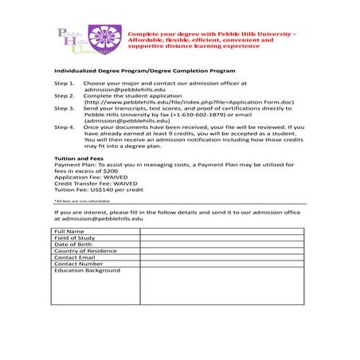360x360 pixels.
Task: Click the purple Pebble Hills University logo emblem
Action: click(102, 38)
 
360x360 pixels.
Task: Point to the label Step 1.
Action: click(64, 84)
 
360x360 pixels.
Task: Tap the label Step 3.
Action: click(64, 108)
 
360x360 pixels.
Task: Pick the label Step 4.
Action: click(64, 127)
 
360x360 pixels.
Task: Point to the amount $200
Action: click(110, 171)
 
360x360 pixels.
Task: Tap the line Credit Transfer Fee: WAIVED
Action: click(95, 184)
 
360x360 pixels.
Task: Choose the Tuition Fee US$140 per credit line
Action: click(98, 190)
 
